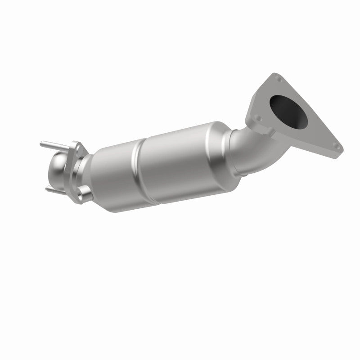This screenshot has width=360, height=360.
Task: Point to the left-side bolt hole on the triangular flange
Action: point(257,119)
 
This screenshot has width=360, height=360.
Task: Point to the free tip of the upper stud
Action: point(41,144)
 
